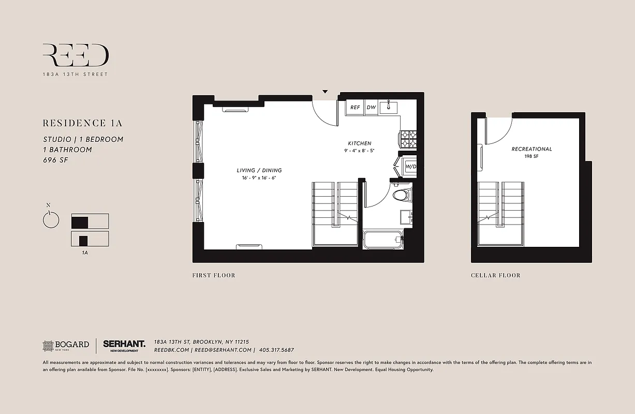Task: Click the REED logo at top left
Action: (76, 55)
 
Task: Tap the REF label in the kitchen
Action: (355, 108)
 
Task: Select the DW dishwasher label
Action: (371, 108)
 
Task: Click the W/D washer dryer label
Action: (410, 167)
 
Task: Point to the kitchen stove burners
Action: (408, 139)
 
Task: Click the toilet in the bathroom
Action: (401, 195)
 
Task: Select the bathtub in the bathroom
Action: (383, 240)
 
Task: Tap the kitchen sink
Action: (388, 108)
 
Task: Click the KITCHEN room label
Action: (359, 143)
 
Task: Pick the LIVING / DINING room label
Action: (259, 170)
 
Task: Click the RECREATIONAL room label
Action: (531, 149)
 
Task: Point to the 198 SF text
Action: (531, 156)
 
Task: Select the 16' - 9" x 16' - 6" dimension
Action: (259, 178)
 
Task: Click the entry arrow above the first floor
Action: (325, 92)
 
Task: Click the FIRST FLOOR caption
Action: (213, 275)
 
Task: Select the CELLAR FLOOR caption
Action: (495, 275)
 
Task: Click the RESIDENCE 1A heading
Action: (82, 123)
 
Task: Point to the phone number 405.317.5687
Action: (276, 350)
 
